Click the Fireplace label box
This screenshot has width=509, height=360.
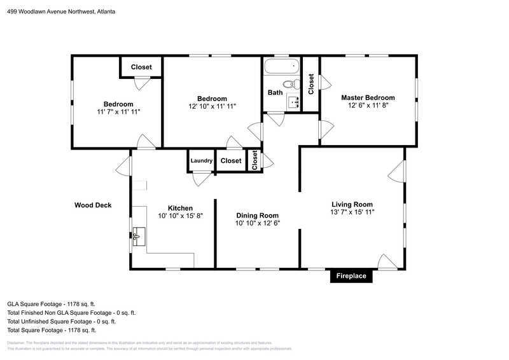(351, 277)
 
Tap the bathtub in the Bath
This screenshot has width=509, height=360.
(282, 67)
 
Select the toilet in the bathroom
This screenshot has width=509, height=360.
(289, 84)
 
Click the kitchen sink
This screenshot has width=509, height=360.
(138, 237)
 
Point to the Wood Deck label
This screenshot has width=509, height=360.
(93, 205)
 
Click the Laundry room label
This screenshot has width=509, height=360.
(201, 161)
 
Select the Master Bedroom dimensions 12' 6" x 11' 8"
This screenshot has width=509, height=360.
(368, 106)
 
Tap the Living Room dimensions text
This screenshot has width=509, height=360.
(352, 212)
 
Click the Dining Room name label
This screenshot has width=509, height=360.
(257, 215)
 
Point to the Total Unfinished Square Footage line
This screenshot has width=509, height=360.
(61, 322)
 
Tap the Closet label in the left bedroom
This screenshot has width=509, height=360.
(142, 67)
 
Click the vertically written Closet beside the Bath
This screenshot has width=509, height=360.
(311, 84)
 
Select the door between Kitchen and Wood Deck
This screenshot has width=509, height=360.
(123, 168)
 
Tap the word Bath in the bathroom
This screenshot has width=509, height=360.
(275, 93)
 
